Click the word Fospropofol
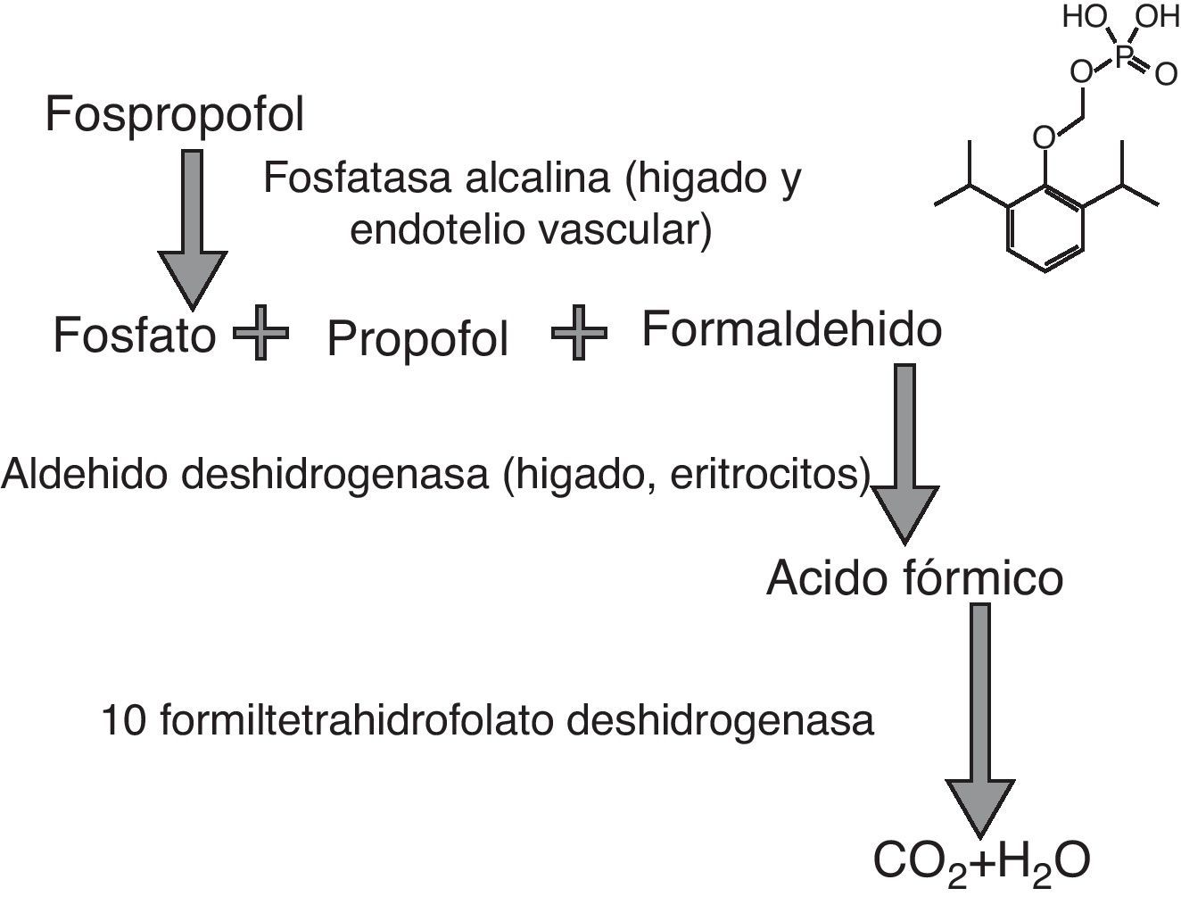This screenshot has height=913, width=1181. tap(174, 114)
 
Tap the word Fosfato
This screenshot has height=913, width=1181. tap(135, 335)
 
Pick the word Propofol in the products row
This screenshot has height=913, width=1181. tap(417, 338)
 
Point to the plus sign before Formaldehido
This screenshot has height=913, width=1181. tap(579, 333)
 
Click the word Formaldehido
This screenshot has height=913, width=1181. tap(791, 329)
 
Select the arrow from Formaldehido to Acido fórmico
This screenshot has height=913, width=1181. tap(904, 455)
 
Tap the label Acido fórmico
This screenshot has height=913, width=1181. tap(914, 577)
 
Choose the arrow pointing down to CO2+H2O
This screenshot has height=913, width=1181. tap(979, 723)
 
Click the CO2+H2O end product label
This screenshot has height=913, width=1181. tap(981, 861)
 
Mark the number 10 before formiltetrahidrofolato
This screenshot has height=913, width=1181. tap(124, 720)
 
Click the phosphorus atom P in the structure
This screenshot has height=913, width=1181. tap(1123, 58)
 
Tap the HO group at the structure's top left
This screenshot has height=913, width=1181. tap(1083, 17)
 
